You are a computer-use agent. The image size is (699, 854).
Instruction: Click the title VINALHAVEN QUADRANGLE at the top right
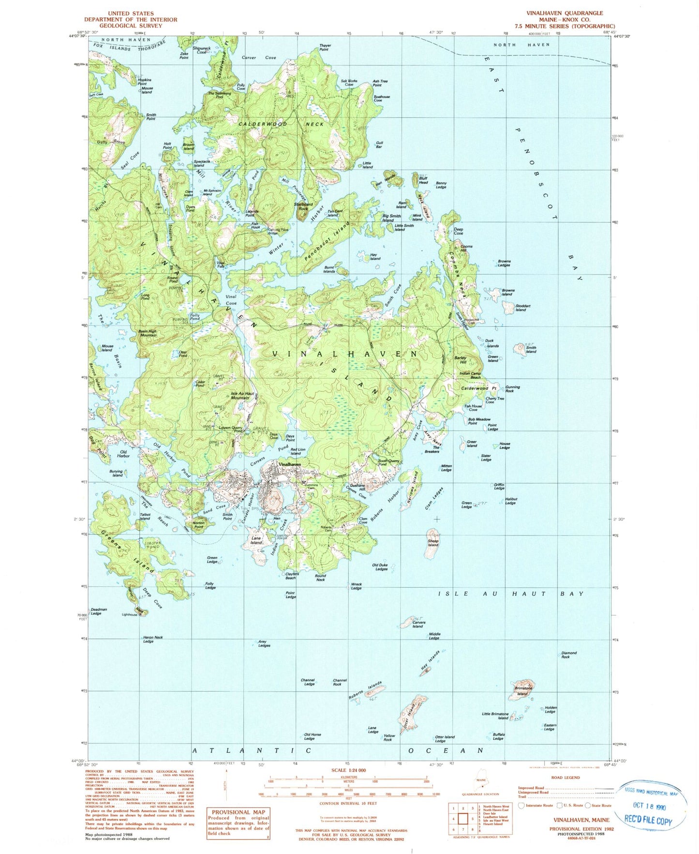coord(565,13)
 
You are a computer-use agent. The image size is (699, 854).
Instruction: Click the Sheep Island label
coord(433,543)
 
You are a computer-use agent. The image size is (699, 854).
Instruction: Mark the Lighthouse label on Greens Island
coord(129,614)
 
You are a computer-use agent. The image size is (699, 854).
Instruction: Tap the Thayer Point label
coord(324,47)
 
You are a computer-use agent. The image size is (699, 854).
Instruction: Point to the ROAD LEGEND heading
coord(565,777)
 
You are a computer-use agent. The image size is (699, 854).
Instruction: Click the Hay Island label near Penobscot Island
coord(375,257)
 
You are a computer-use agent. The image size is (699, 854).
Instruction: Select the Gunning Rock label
coord(512,389)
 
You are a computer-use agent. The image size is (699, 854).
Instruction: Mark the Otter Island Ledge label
coord(445,738)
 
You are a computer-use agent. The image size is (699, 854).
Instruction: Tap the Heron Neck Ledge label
coord(152,639)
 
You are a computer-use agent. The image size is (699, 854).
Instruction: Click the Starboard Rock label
coord(303,206)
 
